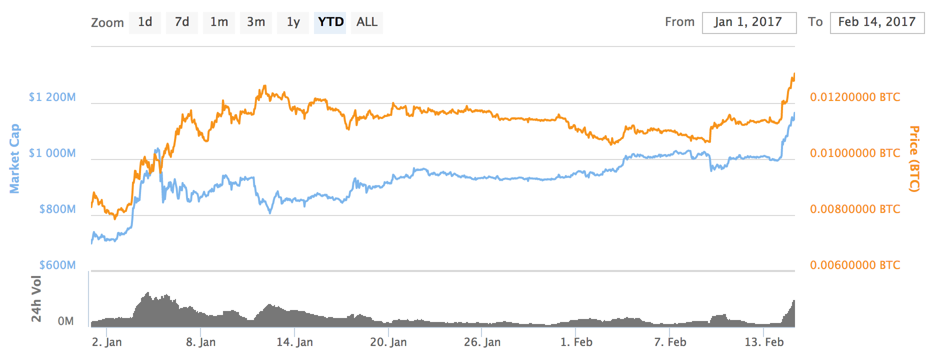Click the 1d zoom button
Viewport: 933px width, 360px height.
pos(145,22)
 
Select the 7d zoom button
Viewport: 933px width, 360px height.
pos(182,22)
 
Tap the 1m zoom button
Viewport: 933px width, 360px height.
pos(219,22)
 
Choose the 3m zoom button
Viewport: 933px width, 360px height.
pos(256,22)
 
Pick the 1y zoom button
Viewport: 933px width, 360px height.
pos(293,22)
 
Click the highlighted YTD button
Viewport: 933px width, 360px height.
pos(330,22)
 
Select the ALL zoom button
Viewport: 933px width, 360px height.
pos(367,22)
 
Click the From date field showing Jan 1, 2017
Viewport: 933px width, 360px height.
pos(749,22)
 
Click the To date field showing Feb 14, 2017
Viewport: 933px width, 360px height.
pos(877,22)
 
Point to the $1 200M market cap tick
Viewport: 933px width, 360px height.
pos(52,97)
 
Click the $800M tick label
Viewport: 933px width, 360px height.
pos(57,209)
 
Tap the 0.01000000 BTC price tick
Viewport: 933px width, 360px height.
pos(855,153)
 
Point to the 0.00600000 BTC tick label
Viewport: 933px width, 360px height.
pos(855,265)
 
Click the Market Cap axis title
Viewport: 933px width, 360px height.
pos(14,158)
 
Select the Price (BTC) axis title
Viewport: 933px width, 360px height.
pos(914,158)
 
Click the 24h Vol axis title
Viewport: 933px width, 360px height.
pos(36,298)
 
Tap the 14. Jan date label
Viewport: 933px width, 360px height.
pos(294,342)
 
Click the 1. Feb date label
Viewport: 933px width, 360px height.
pos(576,342)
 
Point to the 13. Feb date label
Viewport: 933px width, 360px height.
pos(764,342)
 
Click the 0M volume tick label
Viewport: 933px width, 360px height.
pos(65,321)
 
